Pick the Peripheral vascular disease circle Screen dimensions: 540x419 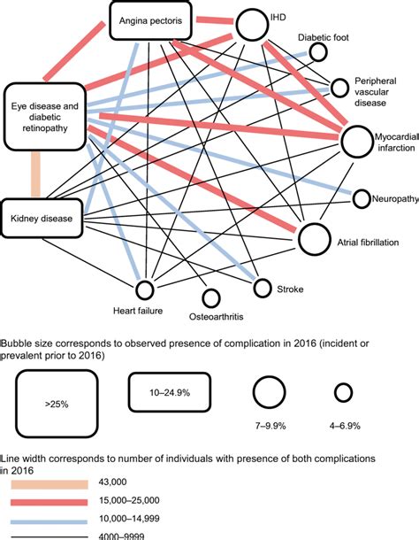pos(341,88)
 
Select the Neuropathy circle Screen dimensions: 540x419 pos(361,198)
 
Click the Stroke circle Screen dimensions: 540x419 pos(261,286)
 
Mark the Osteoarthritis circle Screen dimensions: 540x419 pos(210,299)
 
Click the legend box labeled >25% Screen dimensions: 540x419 pos(51,404)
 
